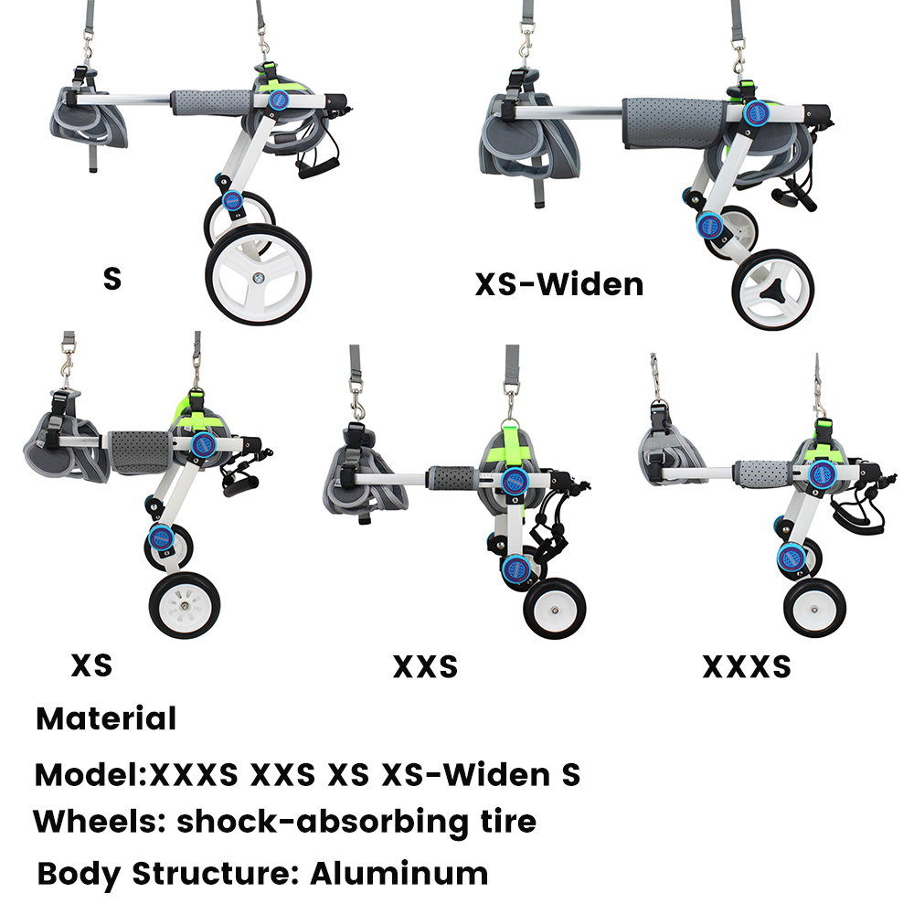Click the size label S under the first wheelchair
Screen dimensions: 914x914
[112, 278]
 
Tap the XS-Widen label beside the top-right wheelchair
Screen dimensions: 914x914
[558, 284]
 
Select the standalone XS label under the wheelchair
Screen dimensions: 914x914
[91, 665]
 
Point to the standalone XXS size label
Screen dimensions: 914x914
[425, 667]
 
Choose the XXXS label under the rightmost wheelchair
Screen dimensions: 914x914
[746, 667]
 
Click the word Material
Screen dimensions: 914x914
[106, 718]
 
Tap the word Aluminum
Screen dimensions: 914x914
[399, 873]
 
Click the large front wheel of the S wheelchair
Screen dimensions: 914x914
[259, 274]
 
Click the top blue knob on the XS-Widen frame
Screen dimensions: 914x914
[755, 112]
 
